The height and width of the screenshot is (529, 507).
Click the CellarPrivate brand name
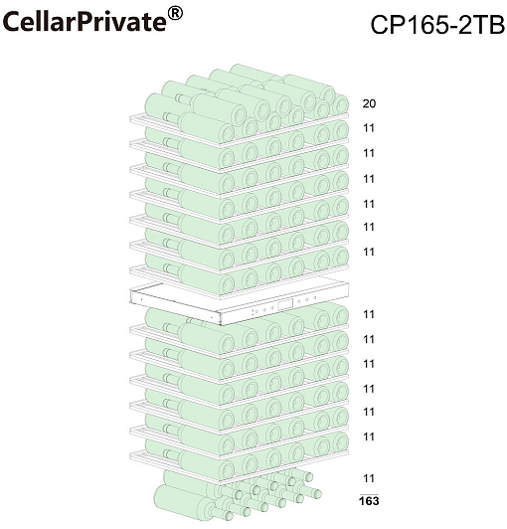click(84, 22)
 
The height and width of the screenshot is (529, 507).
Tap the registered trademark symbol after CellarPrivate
click(175, 14)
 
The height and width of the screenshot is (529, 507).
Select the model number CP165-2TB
click(437, 24)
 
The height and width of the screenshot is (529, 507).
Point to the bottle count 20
click(369, 103)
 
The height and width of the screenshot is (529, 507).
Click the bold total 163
click(369, 501)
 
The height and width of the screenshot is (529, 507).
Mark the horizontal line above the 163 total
click(369, 494)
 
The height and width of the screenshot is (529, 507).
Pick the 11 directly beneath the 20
click(369, 128)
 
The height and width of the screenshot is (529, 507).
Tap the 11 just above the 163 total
click(369, 478)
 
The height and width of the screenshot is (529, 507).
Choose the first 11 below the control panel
click(369, 314)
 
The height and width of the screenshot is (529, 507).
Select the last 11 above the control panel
click(369, 252)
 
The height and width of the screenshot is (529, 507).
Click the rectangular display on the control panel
click(285, 305)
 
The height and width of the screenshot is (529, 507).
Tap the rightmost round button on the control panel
click(314, 297)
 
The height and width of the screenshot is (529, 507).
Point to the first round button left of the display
click(271, 308)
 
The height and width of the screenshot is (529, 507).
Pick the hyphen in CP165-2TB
click(453, 27)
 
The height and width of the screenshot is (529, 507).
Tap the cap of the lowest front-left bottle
click(229, 515)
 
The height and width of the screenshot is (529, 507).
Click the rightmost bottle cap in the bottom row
click(316, 494)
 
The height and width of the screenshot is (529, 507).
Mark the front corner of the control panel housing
click(220, 324)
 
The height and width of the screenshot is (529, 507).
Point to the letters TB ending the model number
click(490, 24)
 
